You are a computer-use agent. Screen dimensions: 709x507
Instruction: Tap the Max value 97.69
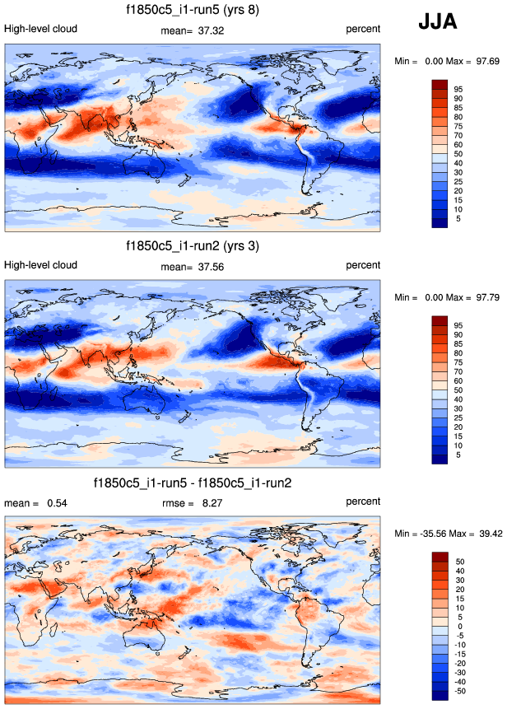point(486,62)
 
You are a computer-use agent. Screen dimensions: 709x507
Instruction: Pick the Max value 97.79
point(486,297)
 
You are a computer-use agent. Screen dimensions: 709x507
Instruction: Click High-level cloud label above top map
point(40,29)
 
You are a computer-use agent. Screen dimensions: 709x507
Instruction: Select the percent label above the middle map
point(363,265)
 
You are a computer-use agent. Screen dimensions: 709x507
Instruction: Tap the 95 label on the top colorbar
point(459,88)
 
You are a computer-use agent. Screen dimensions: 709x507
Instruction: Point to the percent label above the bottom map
point(363,501)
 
